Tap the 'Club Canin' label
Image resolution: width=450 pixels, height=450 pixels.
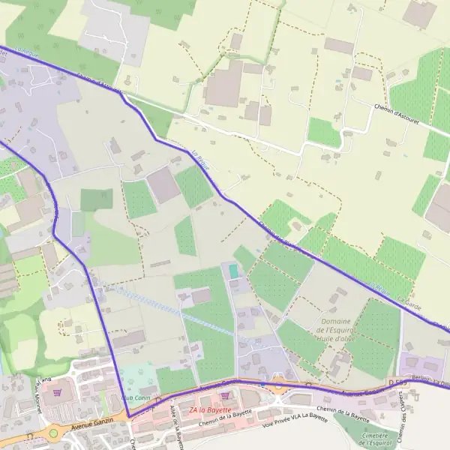pos(137,398)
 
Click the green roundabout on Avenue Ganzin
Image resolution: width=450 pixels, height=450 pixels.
pos(53,433)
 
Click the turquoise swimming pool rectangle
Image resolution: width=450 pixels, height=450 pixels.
pos(232,271)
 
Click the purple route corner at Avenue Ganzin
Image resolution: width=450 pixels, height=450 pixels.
pos(128,417)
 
